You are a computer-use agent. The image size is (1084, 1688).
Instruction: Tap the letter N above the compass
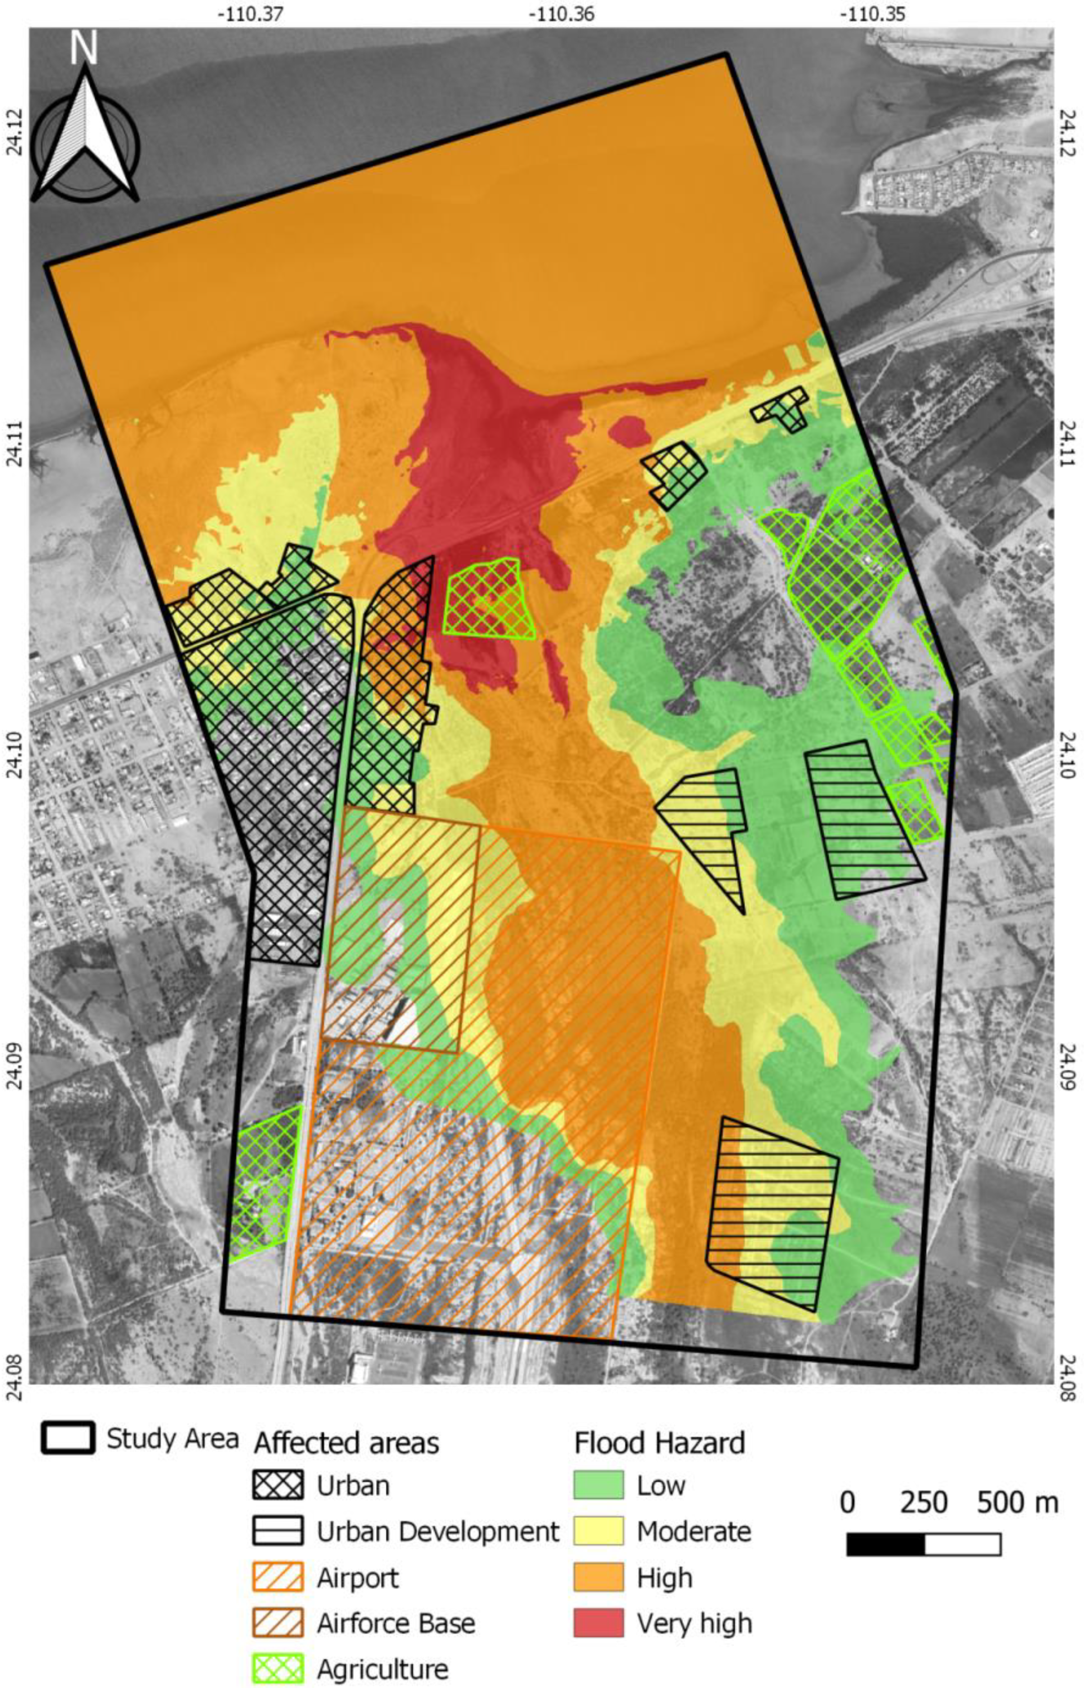84,47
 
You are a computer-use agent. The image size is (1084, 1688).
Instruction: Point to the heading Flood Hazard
659,1442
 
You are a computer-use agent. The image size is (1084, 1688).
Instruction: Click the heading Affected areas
346,1442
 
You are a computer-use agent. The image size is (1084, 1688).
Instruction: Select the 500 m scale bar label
1017,1503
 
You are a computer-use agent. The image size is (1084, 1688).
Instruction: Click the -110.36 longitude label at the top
562,13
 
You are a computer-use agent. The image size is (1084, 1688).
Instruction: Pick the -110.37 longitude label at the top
250,13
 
